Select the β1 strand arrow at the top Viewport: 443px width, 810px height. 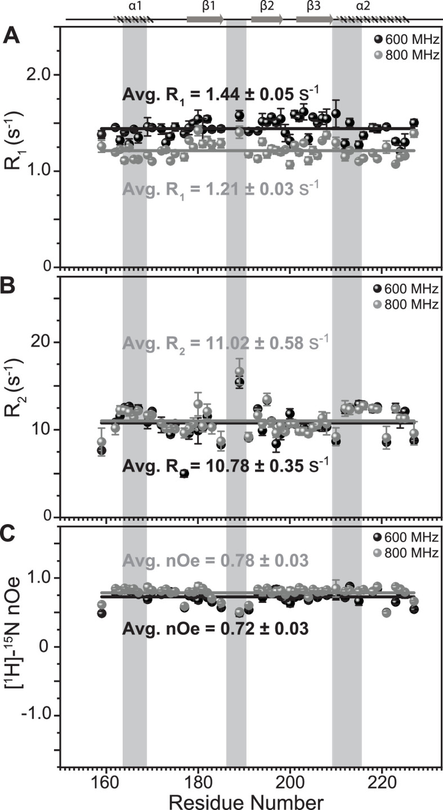coord(205,19)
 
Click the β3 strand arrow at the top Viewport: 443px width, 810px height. coord(314,19)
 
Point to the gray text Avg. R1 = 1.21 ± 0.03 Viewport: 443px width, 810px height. coord(221,185)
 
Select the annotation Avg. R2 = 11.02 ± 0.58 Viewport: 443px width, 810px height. coord(225,342)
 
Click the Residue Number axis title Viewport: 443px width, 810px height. coord(245,800)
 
